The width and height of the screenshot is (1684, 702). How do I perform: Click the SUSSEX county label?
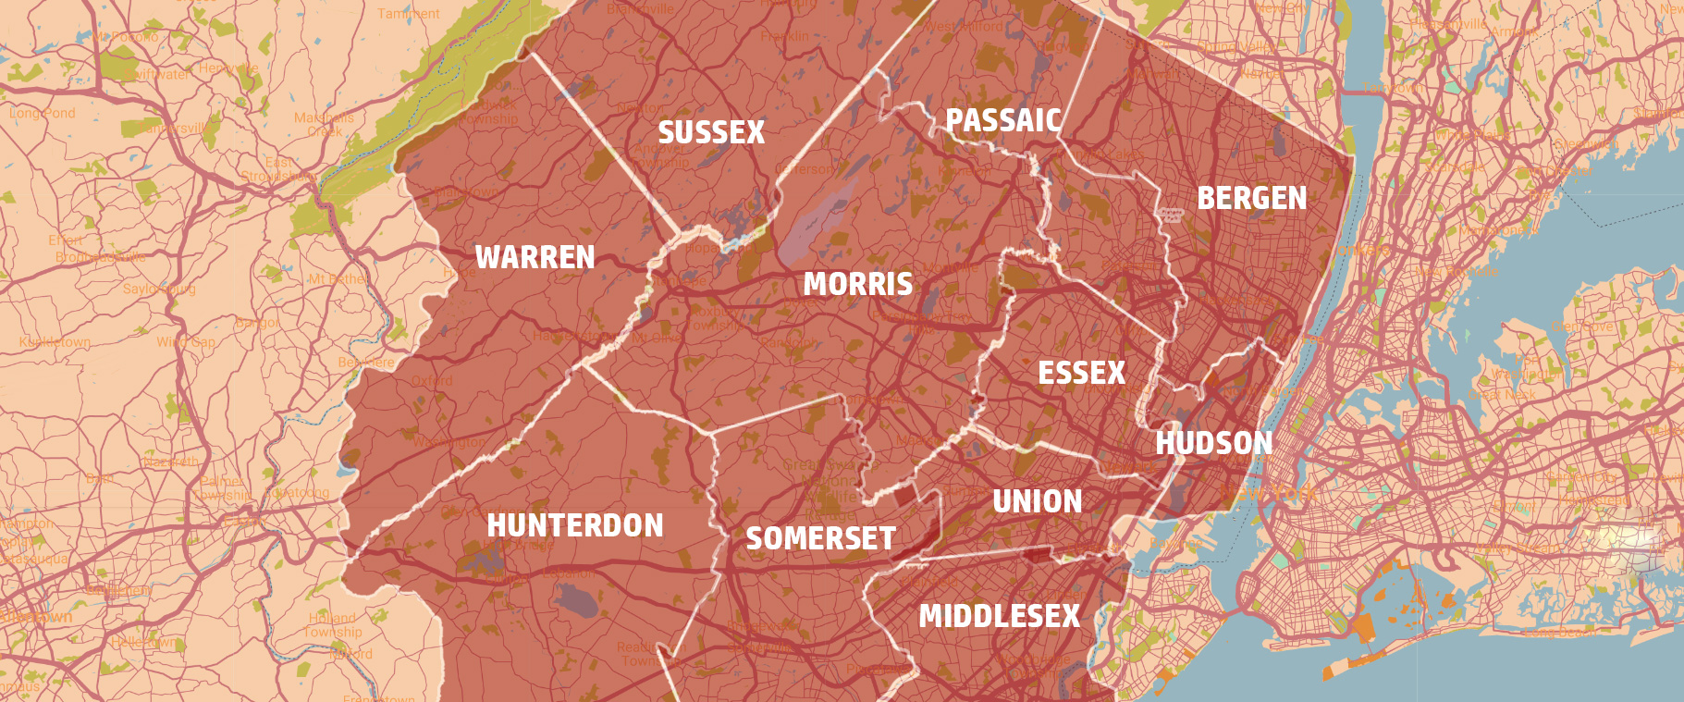tap(711, 132)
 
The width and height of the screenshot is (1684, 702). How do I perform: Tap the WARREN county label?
tap(535, 256)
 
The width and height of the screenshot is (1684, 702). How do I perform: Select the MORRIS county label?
tap(857, 284)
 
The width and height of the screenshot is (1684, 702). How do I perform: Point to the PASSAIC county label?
tap(1003, 120)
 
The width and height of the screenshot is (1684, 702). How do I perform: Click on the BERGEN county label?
tap(1251, 198)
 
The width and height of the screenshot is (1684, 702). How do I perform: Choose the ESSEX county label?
tap(1081, 373)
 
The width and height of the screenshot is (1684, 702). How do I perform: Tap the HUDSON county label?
tap(1213, 443)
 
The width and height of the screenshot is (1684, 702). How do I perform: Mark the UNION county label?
tap(1037, 501)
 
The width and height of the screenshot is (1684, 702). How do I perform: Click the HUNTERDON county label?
tap(574, 525)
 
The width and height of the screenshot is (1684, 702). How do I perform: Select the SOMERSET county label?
tap(820, 538)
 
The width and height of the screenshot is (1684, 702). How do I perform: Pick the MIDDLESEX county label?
tap(999, 616)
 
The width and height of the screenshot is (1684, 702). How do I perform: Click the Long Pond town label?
tap(43, 113)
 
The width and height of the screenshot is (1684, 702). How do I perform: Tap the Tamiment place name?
tap(409, 14)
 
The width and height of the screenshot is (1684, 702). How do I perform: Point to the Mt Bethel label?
tap(338, 278)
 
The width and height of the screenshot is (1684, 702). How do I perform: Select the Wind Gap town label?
tap(185, 342)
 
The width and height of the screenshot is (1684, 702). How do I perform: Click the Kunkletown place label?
tap(55, 342)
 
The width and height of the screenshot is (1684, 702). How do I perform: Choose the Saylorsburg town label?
tap(159, 289)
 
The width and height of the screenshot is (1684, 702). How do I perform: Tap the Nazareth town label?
tap(170, 461)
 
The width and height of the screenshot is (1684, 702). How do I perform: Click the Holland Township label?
tap(333, 624)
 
